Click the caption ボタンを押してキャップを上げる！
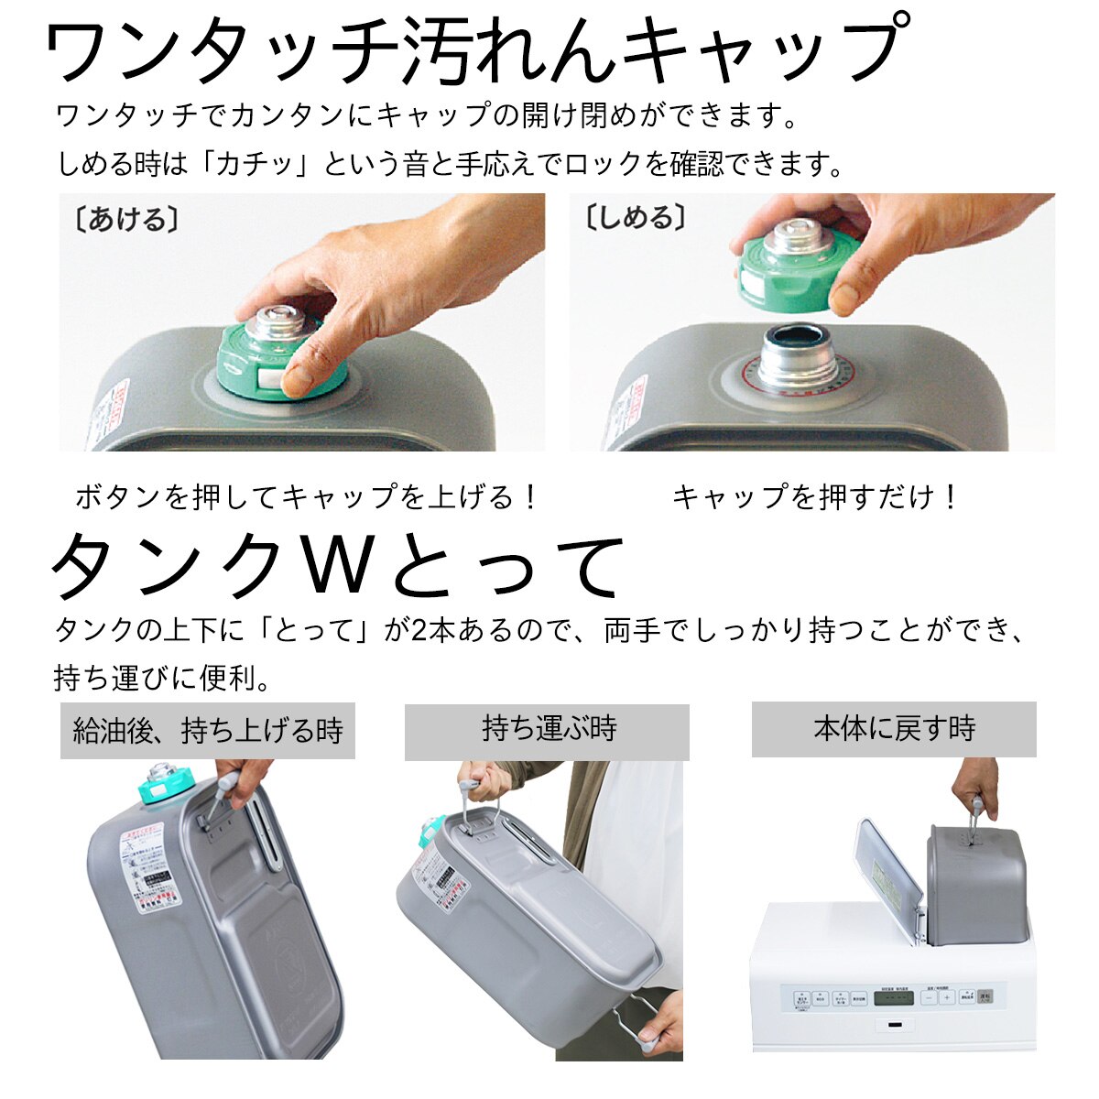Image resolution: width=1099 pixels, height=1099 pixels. pyautogui.click(x=308, y=497)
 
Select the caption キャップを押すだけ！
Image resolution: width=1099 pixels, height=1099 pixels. pyautogui.click(x=816, y=497)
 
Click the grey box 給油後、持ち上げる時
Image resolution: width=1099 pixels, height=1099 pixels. pyautogui.click(x=208, y=731)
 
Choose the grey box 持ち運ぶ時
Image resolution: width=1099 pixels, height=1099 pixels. pyautogui.click(x=547, y=731)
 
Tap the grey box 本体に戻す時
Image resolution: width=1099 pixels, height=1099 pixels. pyautogui.click(x=894, y=729)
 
